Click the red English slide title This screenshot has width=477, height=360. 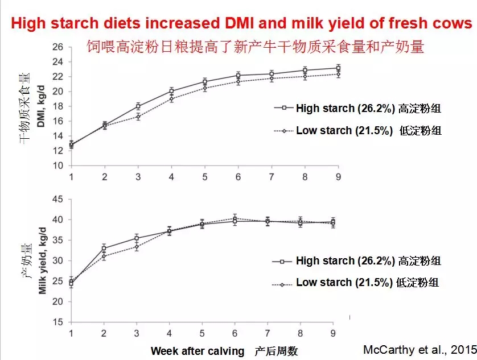point(242,23)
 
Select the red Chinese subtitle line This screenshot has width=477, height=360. point(255,47)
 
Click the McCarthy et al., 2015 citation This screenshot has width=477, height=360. point(418,349)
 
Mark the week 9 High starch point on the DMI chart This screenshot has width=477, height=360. point(338,68)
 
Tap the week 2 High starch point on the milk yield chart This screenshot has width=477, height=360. point(104,248)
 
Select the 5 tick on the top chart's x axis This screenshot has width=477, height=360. point(205,176)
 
